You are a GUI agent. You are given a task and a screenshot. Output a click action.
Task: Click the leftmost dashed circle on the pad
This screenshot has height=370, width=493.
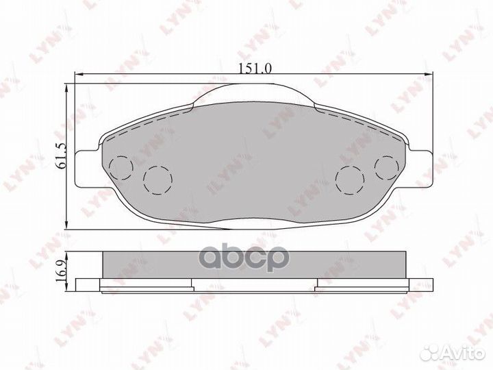(121, 165)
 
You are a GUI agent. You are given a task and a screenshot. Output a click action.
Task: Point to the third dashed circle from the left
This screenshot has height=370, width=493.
(351, 179)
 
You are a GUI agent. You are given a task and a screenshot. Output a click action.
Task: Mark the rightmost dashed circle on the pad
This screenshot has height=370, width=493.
(387, 165)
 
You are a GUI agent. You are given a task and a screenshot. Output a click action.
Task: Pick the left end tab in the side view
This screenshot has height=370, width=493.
(89, 285)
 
